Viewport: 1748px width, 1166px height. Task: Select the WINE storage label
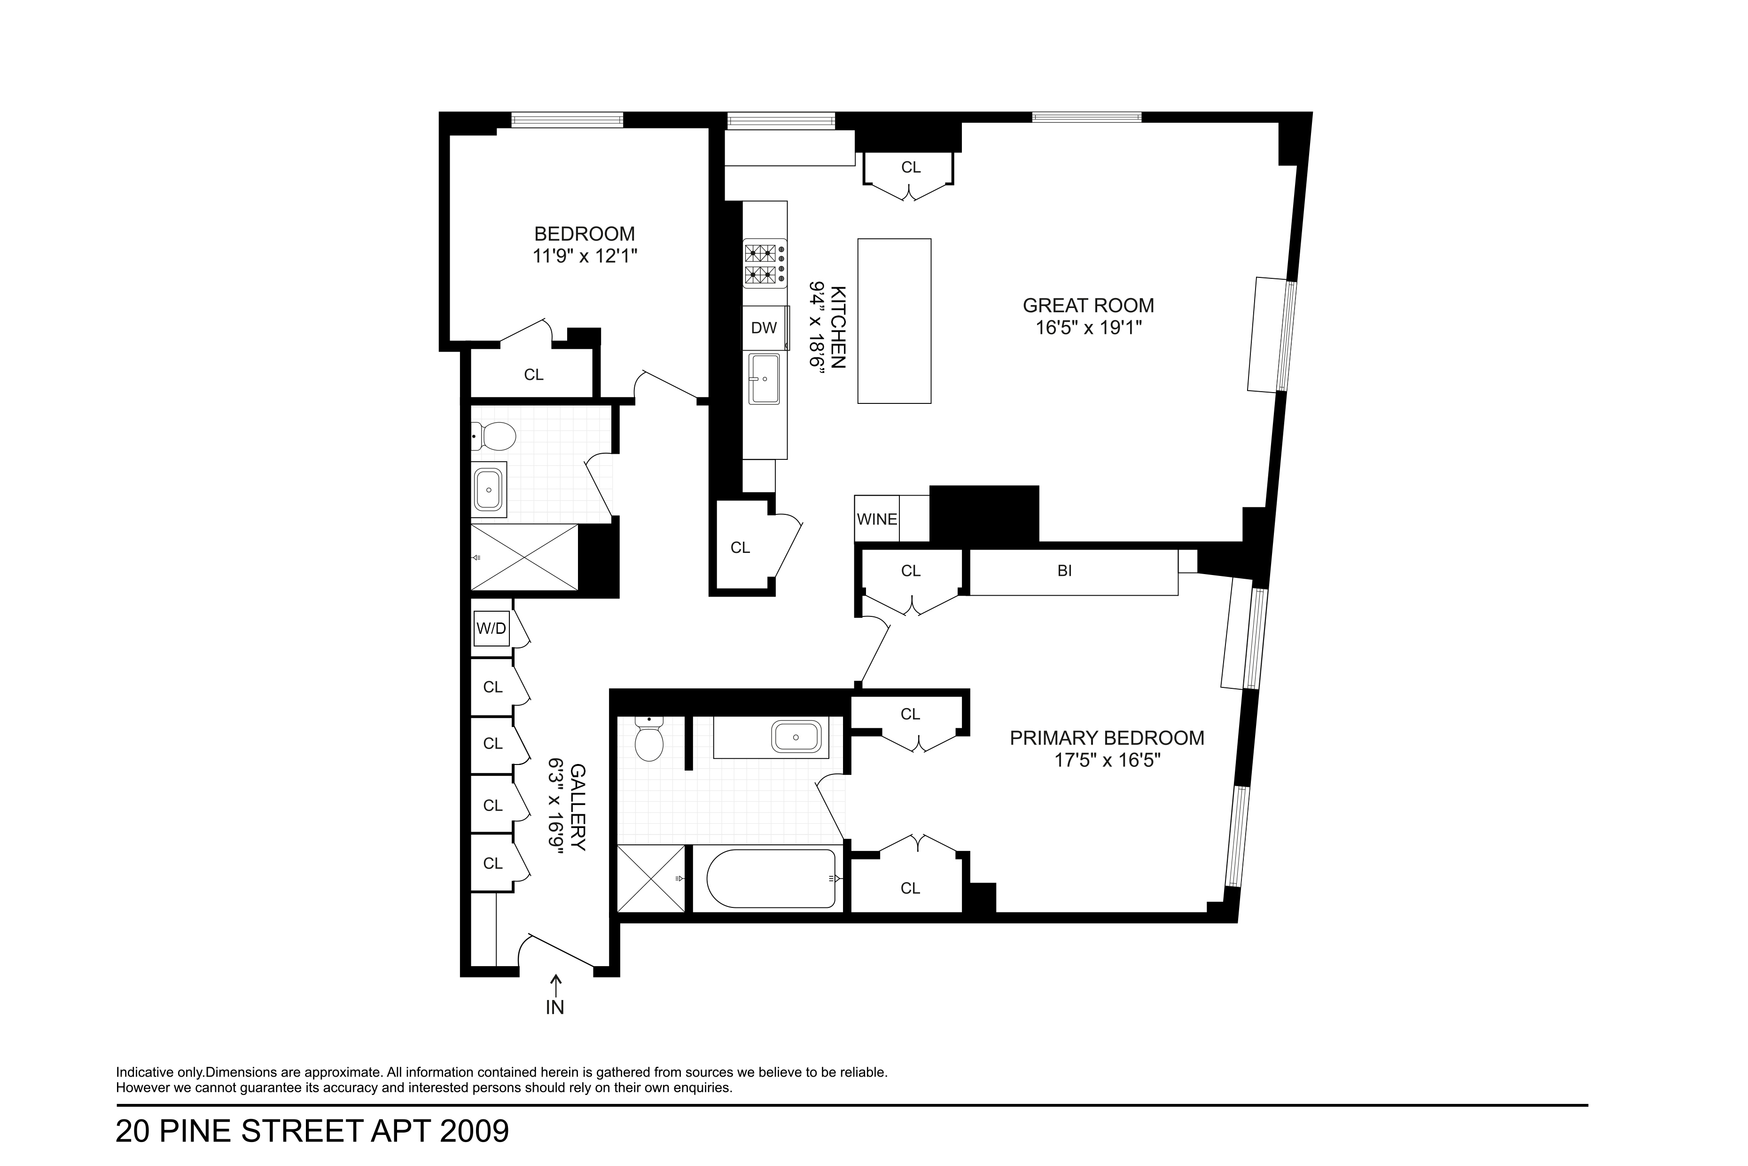click(877, 519)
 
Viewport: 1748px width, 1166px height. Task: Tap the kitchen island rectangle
click(894, 321)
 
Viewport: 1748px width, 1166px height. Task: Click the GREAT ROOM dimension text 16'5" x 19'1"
click(1089, 328)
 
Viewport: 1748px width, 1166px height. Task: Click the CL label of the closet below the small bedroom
click(534, 375)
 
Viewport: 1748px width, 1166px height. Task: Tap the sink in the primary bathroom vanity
click(796, 737)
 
